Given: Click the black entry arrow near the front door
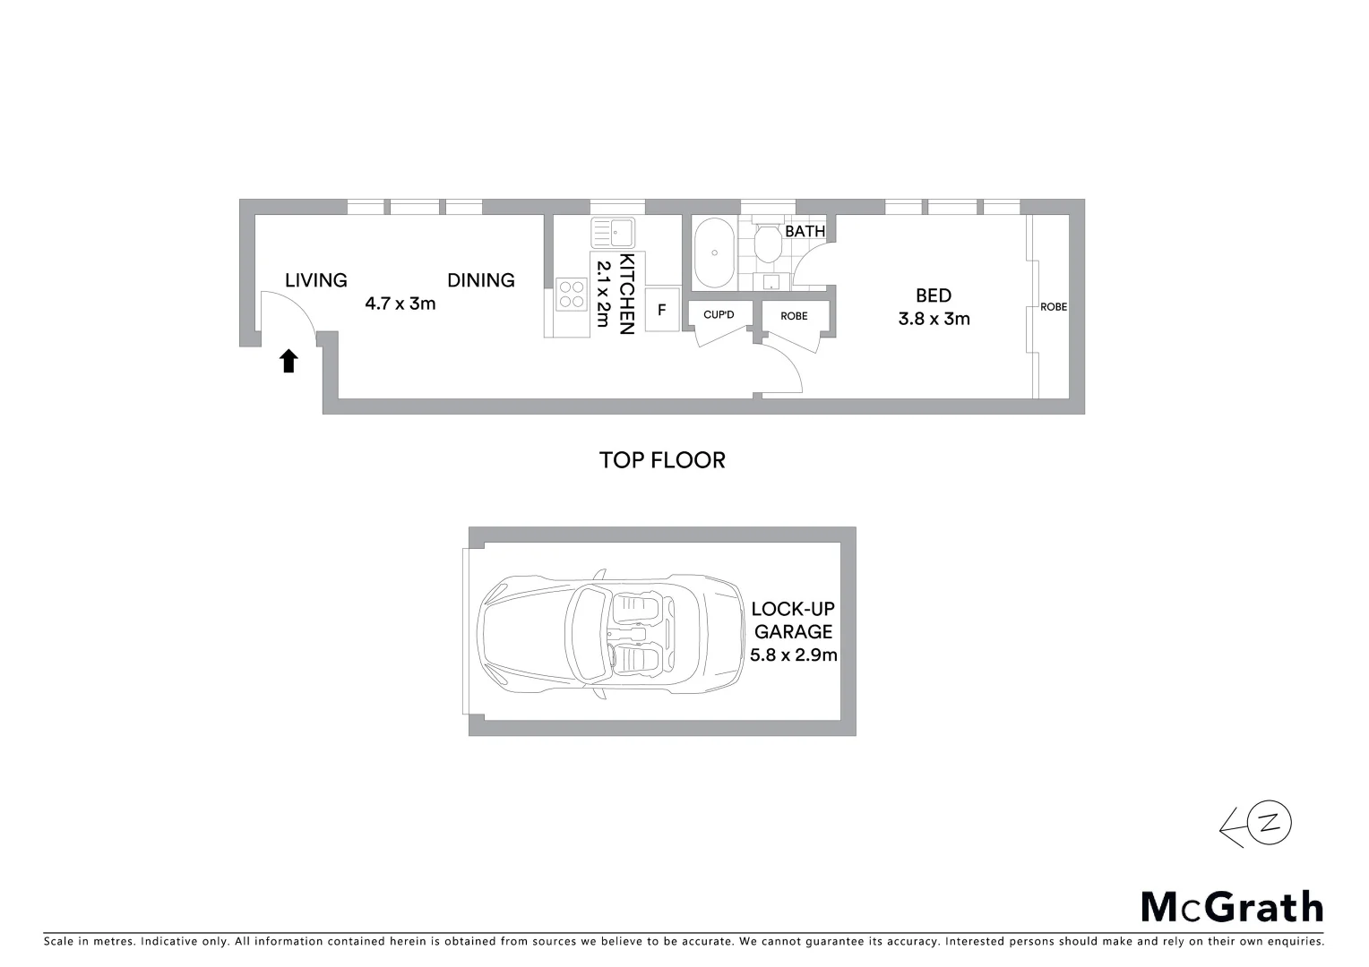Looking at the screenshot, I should click(x=288, y=361).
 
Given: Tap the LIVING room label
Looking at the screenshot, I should click(x=315, y=280).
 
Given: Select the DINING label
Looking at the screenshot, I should click(x=481, y=280).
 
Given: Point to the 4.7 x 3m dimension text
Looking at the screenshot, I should click(x=400, y=304).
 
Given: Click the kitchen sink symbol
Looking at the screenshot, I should click(x=613, y=233).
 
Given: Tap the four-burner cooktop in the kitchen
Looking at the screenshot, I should click(x=571, y=294).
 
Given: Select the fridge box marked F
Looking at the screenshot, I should click(x=662, y=311).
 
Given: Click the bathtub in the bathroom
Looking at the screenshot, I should click(x=715, y=251).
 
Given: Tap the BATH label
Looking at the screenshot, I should click(x=805, y=231).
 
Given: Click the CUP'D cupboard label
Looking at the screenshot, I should click(x=719, y=315).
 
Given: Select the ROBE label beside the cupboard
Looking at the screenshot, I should click(x=794, y=316).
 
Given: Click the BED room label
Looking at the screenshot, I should click(x=934, y=295).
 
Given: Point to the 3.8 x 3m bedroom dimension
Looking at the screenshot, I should click(x=934, y=319).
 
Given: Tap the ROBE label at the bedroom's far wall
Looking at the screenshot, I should click(x=1054, y=307).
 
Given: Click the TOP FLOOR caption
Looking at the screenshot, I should click(x=662, y=460).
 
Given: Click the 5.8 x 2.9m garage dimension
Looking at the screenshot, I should click(x=793, y=655).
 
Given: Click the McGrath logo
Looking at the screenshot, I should click(x=1232, y=907).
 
